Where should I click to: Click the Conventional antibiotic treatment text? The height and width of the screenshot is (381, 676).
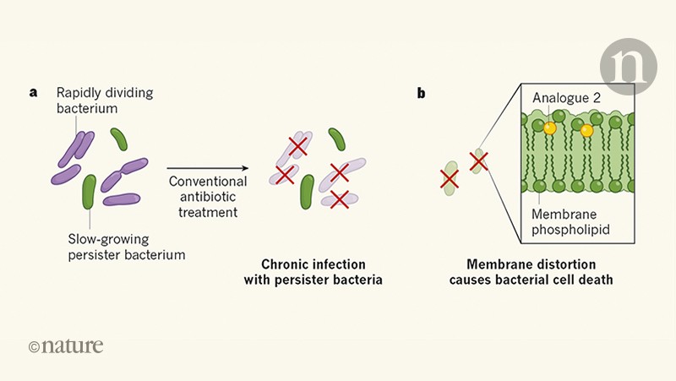208,197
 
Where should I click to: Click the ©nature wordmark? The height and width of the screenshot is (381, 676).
66,346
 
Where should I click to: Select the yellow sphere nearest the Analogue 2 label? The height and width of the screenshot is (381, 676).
549,128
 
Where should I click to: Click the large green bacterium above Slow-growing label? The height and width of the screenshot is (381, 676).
89,193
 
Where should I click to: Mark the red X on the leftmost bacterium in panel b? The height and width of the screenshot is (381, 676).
450,178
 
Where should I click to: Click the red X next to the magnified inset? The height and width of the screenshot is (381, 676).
478,160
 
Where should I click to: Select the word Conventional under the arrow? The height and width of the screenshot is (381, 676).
208,182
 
